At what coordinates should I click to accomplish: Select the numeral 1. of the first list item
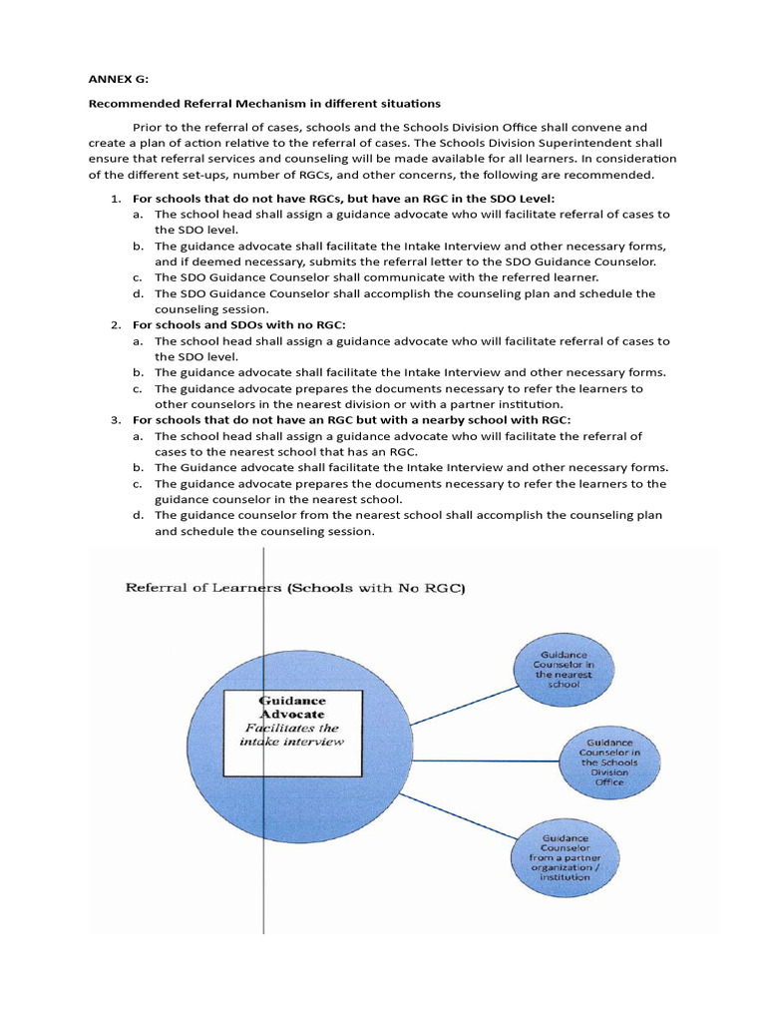point(116,199)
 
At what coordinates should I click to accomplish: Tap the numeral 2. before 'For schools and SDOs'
point(116,325)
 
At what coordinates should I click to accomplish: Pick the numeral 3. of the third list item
point(116,420)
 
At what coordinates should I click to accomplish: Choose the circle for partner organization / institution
point(566,856)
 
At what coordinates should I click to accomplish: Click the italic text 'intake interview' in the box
point(291,742)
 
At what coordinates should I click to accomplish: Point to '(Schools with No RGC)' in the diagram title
point(377,588)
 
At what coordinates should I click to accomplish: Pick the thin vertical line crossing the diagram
point(263,878)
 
